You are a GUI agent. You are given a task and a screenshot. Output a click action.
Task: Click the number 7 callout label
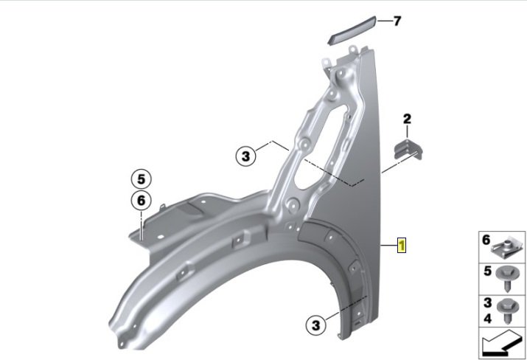pyautogui.click(x=397, y=21)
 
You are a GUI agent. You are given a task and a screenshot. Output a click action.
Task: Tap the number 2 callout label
pyautogui.click(x=406, y=118)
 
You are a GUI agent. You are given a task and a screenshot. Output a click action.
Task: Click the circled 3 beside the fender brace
pyautogui.click(x=246, y=156)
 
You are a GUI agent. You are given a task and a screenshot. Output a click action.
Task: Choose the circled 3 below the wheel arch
pyautogui.click(x=315, y=323)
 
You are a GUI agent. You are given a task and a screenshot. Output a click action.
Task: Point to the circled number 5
pyautogui.click(x=141, y=178)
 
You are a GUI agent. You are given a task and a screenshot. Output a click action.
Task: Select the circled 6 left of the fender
pyautogui.click(x=141, y=199)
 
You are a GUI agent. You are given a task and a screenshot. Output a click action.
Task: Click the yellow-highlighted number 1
pyautogui.click(x=402, y=245)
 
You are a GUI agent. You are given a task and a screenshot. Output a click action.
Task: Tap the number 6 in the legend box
pyautogui.click(x=486, y=240)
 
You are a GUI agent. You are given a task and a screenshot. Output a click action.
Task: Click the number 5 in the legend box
pyautogui.click(x=486, y=271)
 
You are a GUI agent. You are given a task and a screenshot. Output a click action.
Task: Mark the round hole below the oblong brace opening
pyautogui.click(x=292, y=207)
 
